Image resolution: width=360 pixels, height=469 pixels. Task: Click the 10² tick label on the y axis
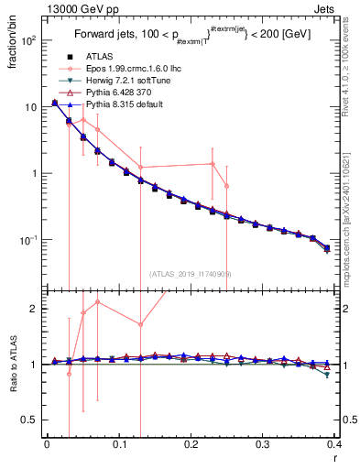click(x=27, y=41)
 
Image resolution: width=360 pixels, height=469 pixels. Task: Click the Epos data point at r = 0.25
click(x=226, y=186)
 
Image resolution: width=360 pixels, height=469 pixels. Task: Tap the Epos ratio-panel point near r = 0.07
click(x=97, y=301)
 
